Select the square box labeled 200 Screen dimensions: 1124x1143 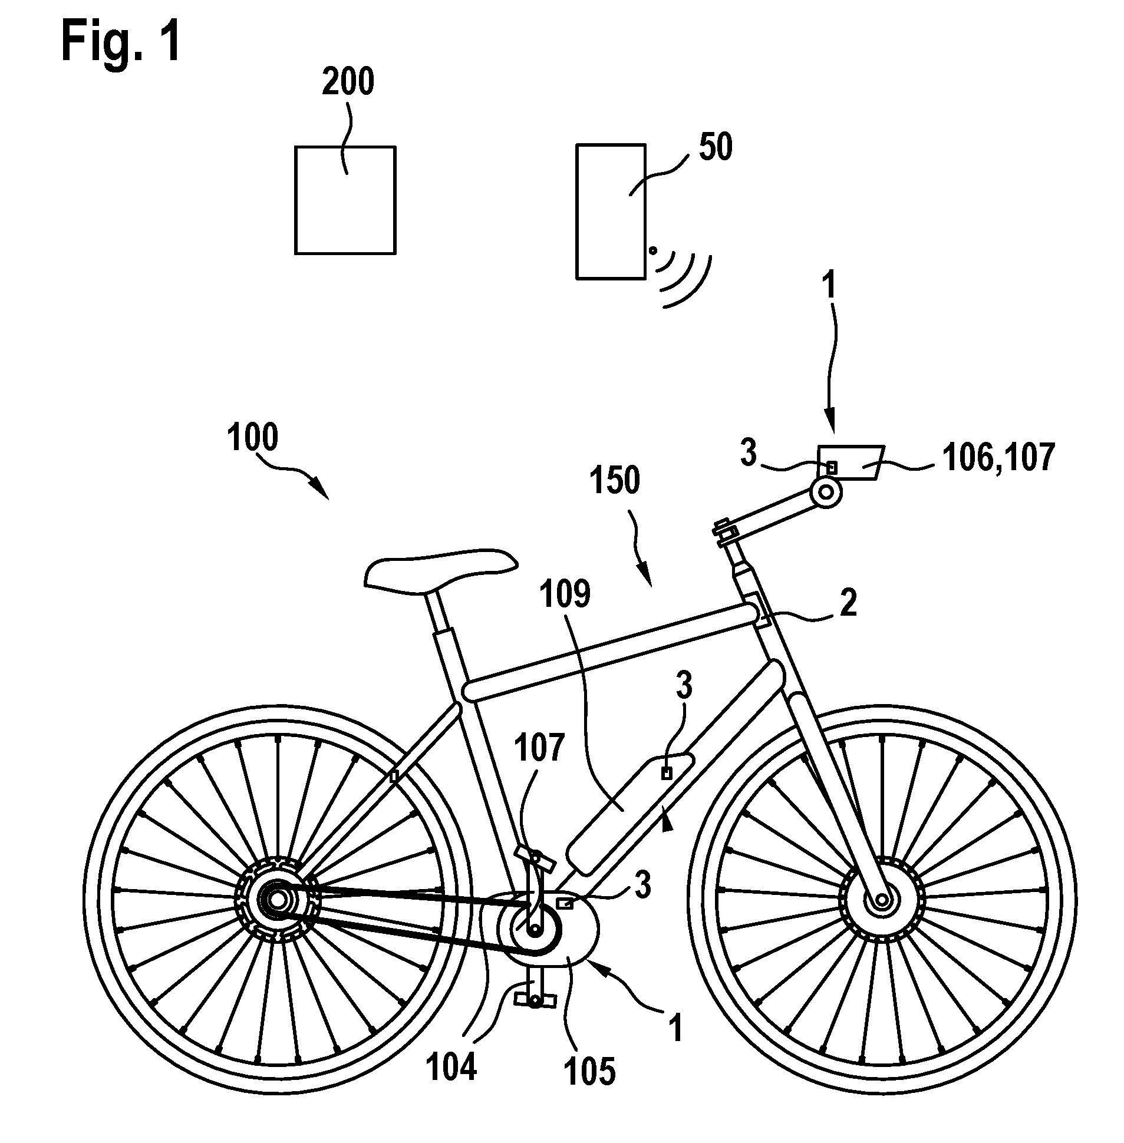point(345,200)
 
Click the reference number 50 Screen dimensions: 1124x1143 point(716,147)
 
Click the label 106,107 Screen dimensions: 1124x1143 point(998,458)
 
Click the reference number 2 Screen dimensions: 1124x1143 point(848,603)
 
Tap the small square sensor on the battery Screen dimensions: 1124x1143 point(667,774)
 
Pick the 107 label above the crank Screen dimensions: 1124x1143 point(539,747)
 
